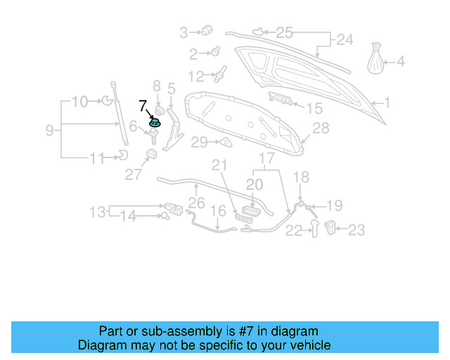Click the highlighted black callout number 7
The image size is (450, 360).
pos(143,107)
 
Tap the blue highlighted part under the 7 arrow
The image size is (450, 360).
pos(154,124)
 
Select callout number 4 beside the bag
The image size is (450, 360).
pos(401,62)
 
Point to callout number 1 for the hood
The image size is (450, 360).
pos(385,103)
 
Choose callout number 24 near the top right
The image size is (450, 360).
pos(344,40)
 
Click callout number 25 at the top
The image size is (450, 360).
pos(284,32)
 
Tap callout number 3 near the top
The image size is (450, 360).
pos(184,32)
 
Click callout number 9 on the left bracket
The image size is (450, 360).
pos(49,129)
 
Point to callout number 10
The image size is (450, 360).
pos(79,101)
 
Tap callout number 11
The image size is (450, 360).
pos(96,158)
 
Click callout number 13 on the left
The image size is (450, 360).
pos(98,211)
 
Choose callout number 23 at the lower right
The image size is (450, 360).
pos(356,229)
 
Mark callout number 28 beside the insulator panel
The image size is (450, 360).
pos(321,128)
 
